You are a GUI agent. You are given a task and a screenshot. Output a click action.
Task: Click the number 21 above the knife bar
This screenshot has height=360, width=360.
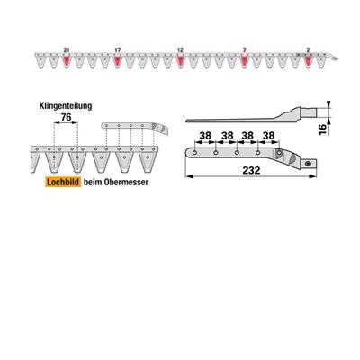(67, 49)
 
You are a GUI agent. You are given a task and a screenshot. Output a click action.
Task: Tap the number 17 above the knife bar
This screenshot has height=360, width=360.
(118, 49)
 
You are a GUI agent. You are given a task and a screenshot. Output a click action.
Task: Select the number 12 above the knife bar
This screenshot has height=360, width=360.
(180, 49)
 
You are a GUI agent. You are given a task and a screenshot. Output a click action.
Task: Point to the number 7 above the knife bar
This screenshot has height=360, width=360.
(244, 49)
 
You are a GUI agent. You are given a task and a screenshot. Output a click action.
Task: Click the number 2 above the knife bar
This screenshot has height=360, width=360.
(308, 49)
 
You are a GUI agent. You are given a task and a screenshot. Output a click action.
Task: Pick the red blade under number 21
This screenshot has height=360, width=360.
(67, 61)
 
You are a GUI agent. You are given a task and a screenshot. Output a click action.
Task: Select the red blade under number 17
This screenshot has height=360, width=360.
(118, 61)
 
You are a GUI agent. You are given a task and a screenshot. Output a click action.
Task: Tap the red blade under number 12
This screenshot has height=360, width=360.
(180, 61)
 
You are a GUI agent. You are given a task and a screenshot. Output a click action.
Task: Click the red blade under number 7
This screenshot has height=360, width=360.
(245, 61)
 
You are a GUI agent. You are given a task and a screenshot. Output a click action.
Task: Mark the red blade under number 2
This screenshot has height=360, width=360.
(308, 61)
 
